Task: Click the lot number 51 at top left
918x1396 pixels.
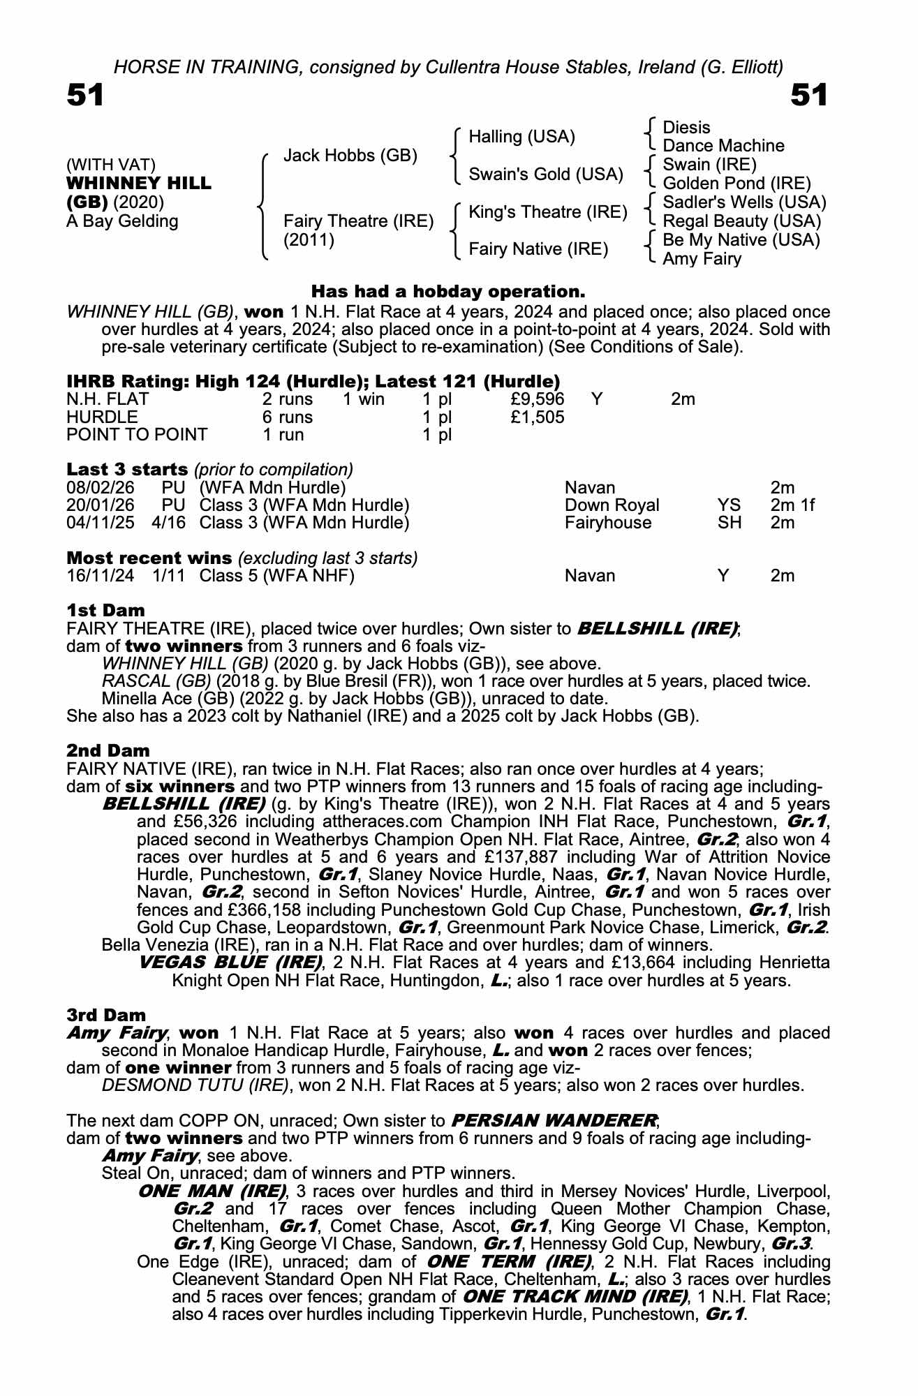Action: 85,95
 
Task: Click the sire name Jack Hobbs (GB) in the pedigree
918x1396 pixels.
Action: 350,156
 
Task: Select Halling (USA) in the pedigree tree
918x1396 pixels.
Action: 521,137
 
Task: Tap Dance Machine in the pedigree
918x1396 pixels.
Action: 723,146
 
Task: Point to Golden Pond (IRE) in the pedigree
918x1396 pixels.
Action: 736,184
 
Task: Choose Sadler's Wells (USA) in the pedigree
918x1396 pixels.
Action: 744,202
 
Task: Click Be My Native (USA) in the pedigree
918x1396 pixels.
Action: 741,240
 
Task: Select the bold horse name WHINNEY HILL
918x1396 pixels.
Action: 138,184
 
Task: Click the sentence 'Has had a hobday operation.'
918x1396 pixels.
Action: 447,291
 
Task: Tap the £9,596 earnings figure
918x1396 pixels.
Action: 537,399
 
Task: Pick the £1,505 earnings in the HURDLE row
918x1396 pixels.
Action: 537,417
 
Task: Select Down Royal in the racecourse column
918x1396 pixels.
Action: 612,505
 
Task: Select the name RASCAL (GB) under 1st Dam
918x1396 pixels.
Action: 156,681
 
